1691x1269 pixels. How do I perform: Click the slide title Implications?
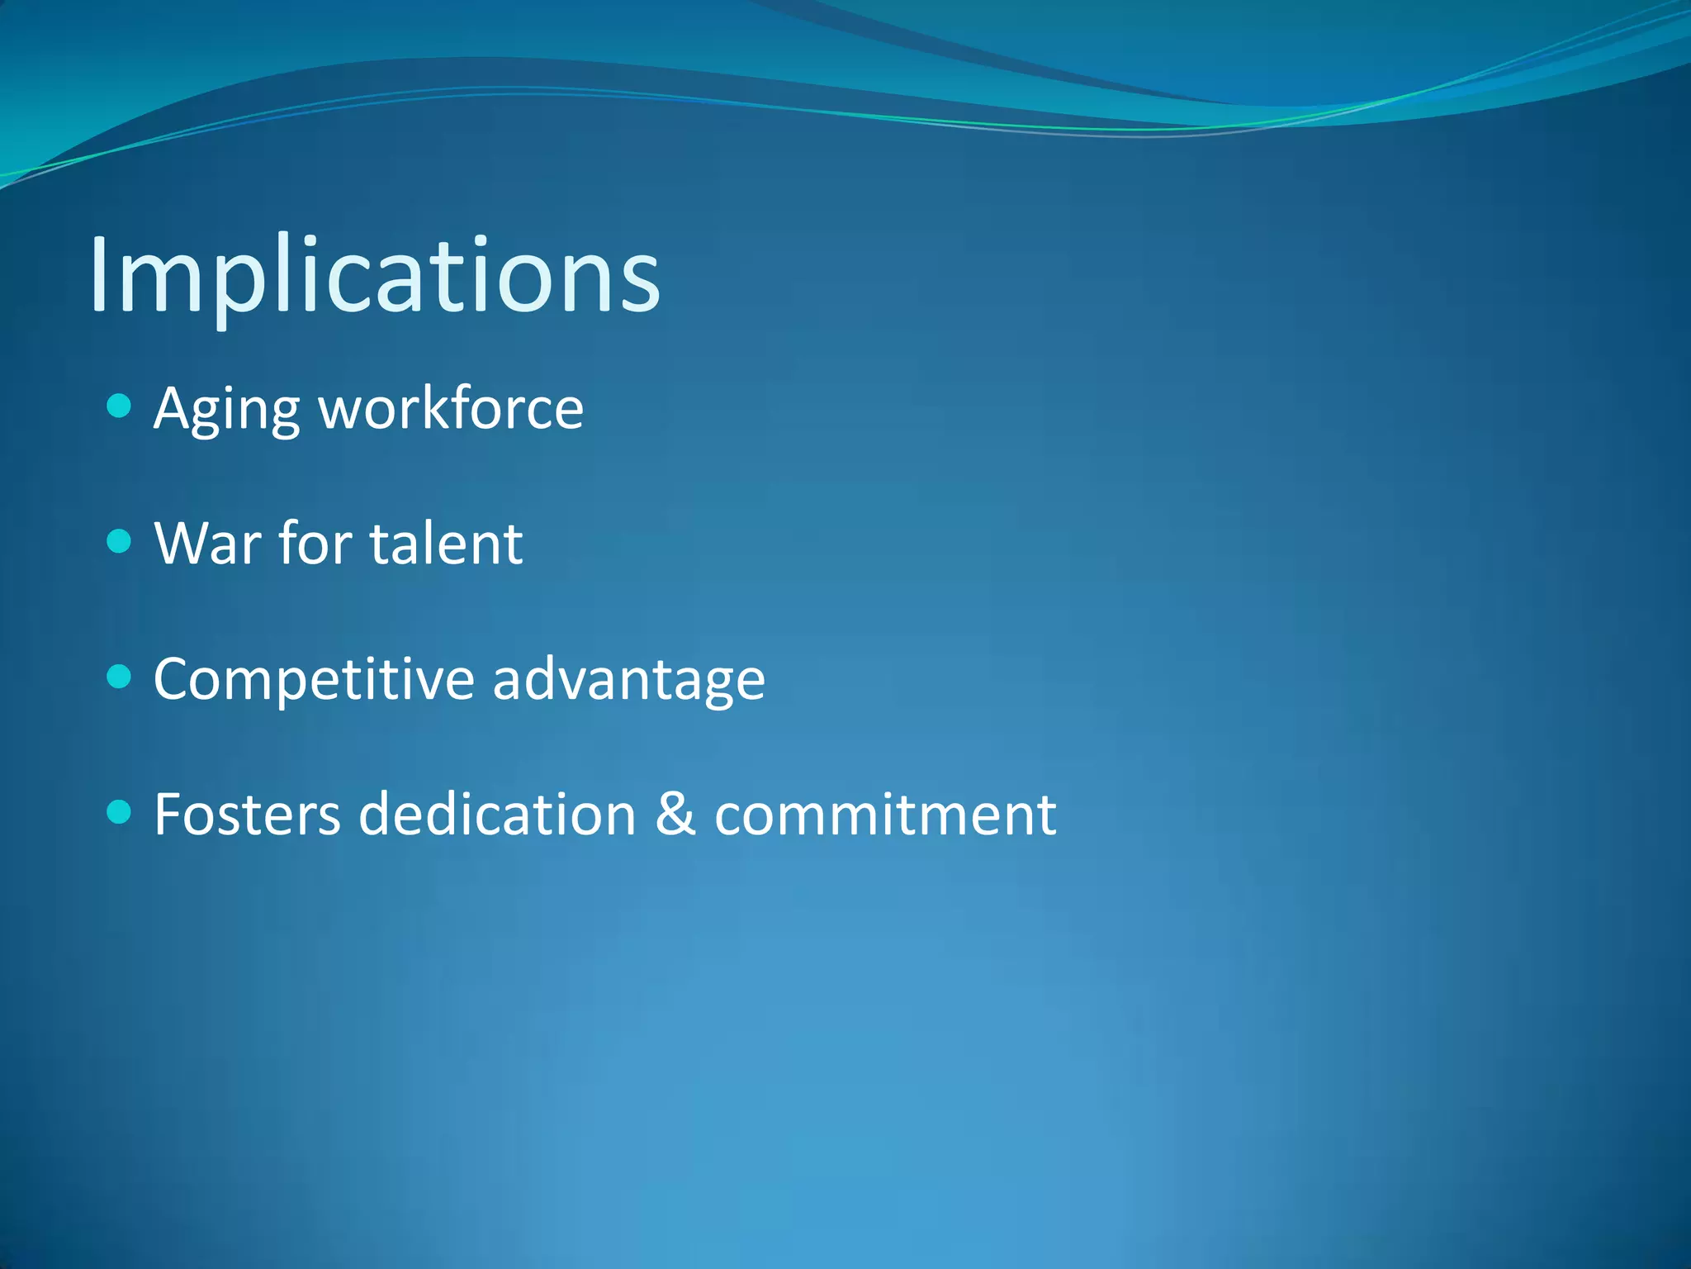click(374, 274)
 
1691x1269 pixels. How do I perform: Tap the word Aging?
click(226, 409)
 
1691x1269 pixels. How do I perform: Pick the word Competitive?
click(314, 679)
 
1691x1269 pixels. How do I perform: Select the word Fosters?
click(247, 815)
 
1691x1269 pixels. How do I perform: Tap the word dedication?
click(497, 815)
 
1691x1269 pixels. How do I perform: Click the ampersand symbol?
click(675, 815)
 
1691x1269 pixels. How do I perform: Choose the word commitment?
click(884, 815)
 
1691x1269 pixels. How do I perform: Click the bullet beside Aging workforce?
click(120, 406)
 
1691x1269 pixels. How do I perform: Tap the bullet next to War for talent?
click(120, 541)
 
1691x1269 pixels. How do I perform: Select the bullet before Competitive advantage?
click(120, 677)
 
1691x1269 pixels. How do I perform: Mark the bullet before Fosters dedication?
click(120, 812)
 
